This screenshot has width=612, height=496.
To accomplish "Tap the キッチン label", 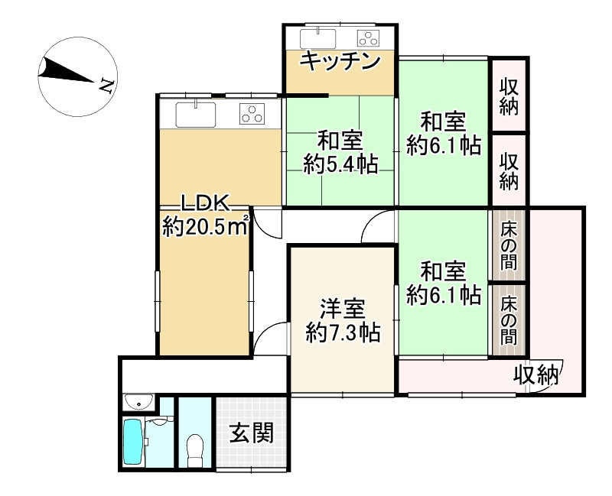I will pyautogui.click(x=340, y=61).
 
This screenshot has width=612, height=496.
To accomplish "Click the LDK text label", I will pyautogui.click(x=205, y=203).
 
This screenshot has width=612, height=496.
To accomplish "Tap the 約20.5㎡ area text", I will pyautogui.click(x=206, y=225).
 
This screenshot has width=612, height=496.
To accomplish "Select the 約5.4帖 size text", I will pyautogui.click(x=340, y=164).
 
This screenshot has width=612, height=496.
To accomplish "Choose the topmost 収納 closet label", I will pyautogui.click(x=509, y=96).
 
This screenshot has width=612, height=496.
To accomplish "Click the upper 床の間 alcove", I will pyautogui.click(x=509, y=246).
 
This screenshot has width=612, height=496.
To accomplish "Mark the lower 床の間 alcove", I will pyautogui.click(x=509, y=319).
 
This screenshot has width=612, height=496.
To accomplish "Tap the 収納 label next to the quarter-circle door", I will pyautogui.click(x=535, y=375).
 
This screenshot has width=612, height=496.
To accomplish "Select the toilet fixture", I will pyautogui.click(x=195, y=448).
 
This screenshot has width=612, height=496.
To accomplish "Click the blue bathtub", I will pyautogui.click(x=132, y=443).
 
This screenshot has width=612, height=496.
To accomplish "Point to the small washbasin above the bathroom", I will pyautogui.click(x=138, y=401).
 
